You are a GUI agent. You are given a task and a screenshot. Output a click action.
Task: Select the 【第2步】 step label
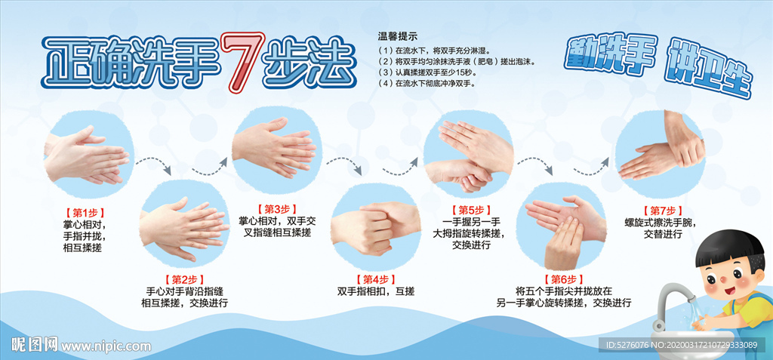(x=184, y=279)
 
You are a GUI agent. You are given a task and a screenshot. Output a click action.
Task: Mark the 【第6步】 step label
(x=564, y=278)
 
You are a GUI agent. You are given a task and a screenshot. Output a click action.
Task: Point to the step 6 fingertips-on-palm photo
(x=565, y=229)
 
